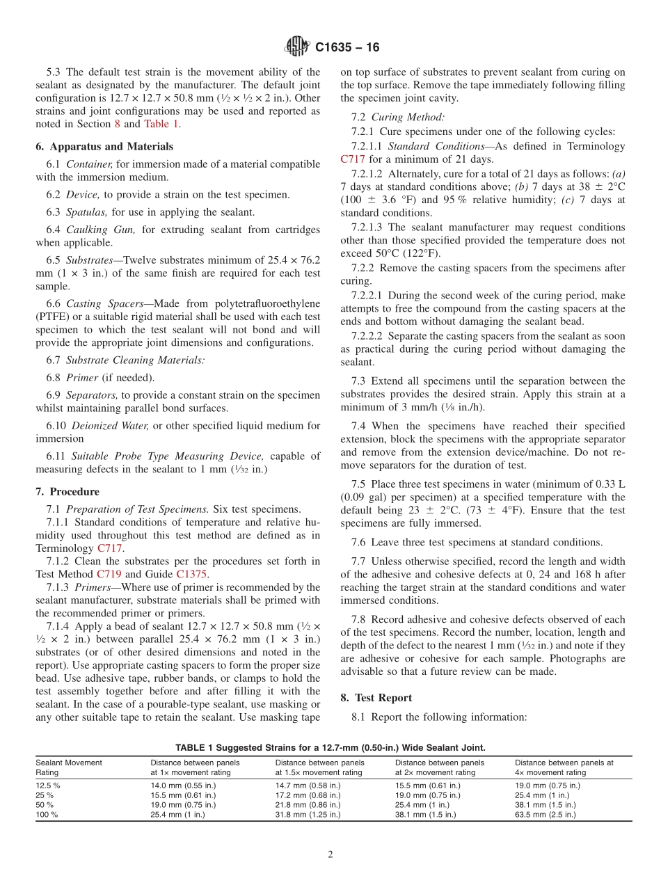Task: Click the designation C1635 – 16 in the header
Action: coord(347,47)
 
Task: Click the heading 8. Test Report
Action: coord(376,697)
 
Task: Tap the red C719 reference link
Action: coord(108,574)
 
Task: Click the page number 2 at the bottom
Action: coord(330,854)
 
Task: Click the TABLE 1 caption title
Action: coord(330,747)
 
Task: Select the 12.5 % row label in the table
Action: coord(48,785)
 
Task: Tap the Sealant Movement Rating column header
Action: coord(69,767)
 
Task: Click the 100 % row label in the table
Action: coord(47,814)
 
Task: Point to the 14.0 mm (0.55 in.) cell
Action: coord(183,785)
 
